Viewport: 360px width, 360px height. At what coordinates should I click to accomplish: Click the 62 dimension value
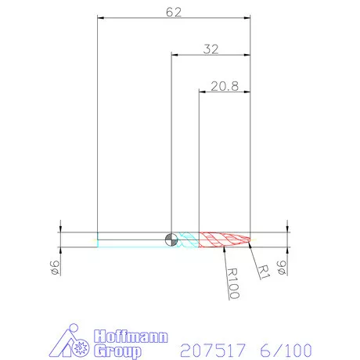(174, 12)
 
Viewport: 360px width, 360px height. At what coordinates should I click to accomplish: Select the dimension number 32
(211, 49)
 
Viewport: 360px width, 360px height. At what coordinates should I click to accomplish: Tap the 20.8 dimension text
(225, 86)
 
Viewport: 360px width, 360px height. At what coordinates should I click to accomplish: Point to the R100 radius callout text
(233, 283)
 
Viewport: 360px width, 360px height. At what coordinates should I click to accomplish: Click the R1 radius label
(264, 272)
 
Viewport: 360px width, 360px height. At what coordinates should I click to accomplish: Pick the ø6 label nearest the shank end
(56, 268)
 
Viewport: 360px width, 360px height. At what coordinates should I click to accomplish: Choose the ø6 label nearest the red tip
(282, 268)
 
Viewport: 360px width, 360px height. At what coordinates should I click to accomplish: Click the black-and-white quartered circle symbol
(171, 239)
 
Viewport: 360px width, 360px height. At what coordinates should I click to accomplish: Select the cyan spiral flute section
(188, 239)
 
